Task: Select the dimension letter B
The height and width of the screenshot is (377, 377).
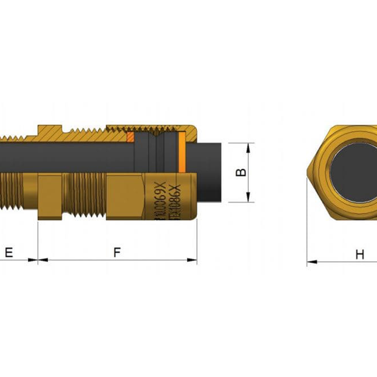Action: coord(242,172)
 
